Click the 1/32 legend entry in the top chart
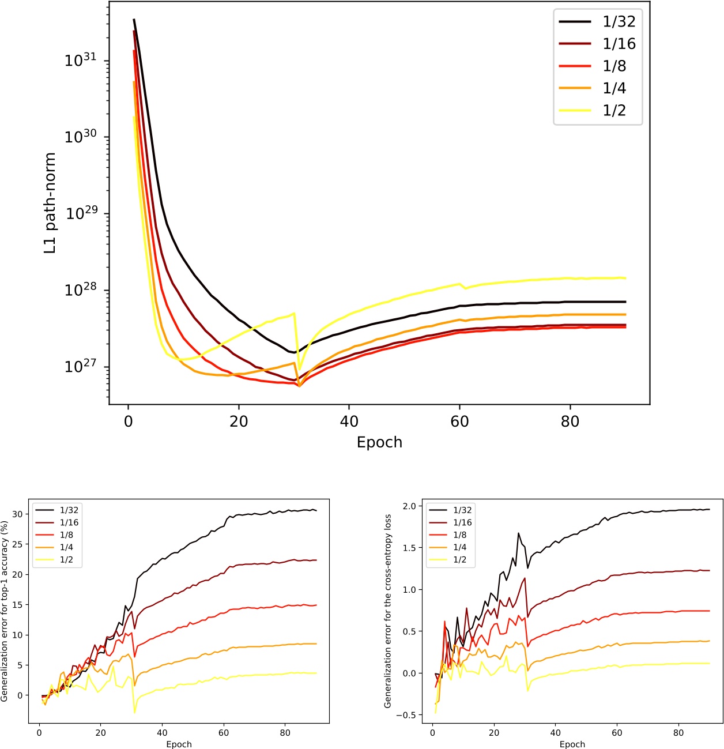click(619, 22)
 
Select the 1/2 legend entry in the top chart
click(614, 110)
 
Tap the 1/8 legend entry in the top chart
click(614, 66)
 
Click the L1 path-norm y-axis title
click(51, 204)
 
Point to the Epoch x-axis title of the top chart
click(379, 442)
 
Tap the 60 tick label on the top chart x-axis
click(459, 421)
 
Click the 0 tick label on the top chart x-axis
click(128, 421)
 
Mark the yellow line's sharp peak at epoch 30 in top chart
click(294, 313)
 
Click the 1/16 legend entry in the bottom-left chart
click(69, 522)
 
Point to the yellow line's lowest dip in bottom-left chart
click(135, 713)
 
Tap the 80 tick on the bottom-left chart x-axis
click(285, 733)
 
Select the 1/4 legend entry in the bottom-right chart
click(459, 547)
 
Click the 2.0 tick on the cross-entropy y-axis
click(409, 506)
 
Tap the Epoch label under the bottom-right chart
click(572, 744)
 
